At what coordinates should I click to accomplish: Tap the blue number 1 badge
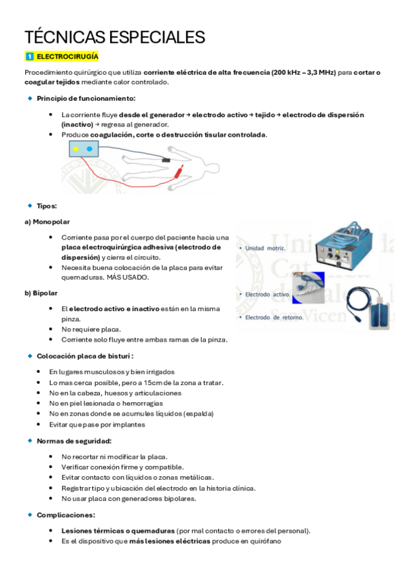[x=29, y=56]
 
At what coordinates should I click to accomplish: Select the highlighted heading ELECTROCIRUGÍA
[x=67, y=56]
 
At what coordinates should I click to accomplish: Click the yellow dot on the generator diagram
[x=76, y=148]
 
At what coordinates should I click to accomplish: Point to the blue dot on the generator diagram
[x=89, y=148]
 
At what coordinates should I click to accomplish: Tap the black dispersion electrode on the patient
[x=166, y=160]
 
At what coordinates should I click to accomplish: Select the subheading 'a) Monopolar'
[x=46, y=222]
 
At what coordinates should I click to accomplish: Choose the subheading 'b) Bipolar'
[x=40, y=293]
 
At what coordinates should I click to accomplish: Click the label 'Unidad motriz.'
[x=266, y=248]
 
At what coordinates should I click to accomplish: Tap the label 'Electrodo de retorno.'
[x=273, y=317]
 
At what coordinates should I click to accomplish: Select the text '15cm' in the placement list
[x=152, y=382]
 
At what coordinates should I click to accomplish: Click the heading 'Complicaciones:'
[x=66, y=515]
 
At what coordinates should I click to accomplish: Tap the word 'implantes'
[x=129, y=425]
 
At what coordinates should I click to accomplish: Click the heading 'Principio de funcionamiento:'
[x=86, y=99]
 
